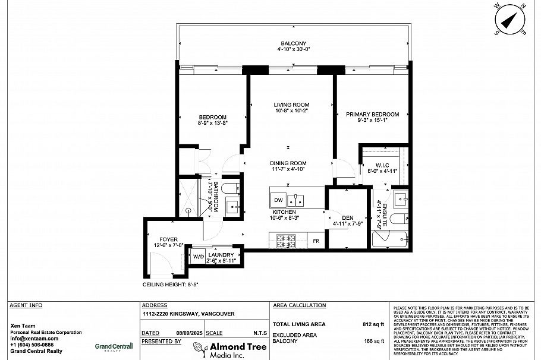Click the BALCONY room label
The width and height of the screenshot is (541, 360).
tap(294, 43)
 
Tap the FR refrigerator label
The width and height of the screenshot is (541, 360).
tap(316, 241)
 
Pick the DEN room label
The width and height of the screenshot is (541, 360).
tap(348, 217)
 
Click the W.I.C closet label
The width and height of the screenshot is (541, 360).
tap(382, 165)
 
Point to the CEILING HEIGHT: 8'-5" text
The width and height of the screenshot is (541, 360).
tap(170, 285)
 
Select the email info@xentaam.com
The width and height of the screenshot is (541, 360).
tap(34, 339)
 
